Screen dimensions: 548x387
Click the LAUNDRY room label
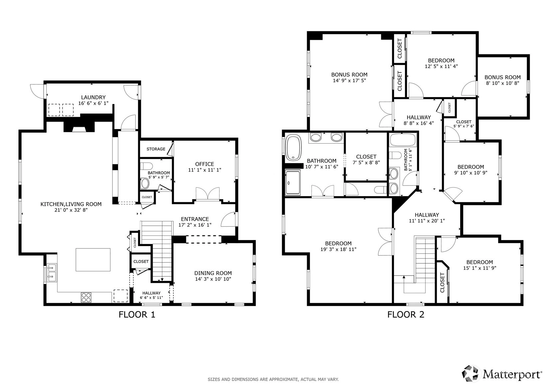tap(93, 97)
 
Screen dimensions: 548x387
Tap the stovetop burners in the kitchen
tap(86, 298)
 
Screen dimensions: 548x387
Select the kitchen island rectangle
tap(93, 260)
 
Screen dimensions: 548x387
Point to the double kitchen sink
tap(52, 273)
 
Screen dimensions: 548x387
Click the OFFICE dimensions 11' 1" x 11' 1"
tap(205, 170)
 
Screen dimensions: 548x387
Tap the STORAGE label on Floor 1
tap(156, 149)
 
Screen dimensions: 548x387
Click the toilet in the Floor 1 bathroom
tap(146, 166)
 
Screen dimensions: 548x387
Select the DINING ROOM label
tap(213, 273)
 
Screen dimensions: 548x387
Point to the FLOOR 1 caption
tap(137, 315)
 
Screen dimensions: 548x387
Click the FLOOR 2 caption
tap(406, 315)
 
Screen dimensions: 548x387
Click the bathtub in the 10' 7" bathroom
tap(293, 148)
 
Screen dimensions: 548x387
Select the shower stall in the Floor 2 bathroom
tap(292, 183)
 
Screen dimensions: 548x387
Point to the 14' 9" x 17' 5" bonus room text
tap(349, 80)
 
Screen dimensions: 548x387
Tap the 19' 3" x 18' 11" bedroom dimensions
tap(338, 249)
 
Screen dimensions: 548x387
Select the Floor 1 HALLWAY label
tap(151, 293)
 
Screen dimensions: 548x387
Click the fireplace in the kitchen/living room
tap(79, 127)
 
